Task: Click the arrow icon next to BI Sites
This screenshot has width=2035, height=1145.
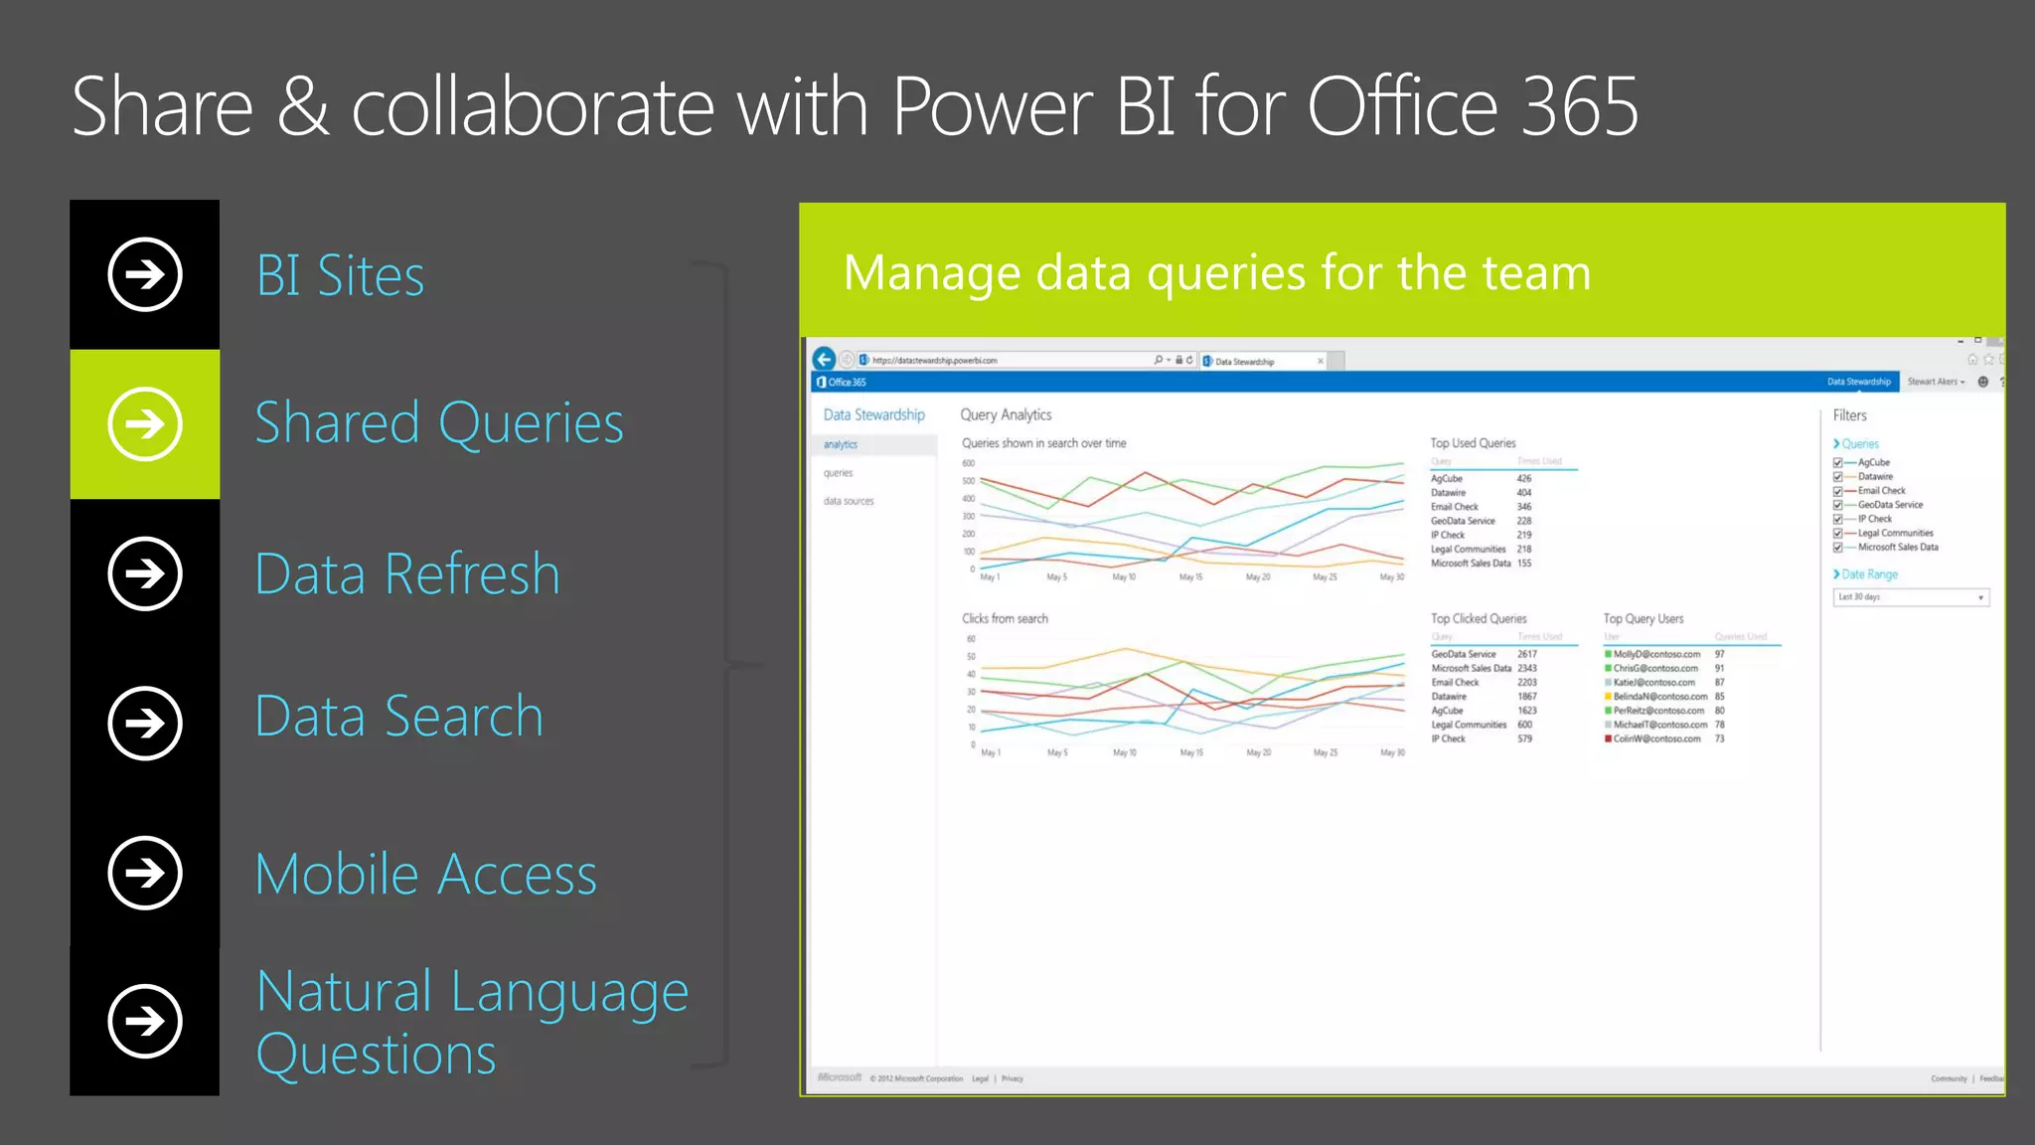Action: tap(145, 274)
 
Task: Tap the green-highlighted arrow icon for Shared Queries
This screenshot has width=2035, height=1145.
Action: tap(145, 424)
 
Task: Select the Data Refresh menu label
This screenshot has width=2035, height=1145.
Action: tap(407, 574)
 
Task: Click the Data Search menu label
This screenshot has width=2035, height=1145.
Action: tap(399, 717)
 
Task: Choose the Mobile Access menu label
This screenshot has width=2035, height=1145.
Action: tap(426, 875)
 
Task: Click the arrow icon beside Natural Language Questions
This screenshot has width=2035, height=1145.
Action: tap(145, 1021)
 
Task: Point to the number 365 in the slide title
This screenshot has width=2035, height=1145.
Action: tap(1580, 107)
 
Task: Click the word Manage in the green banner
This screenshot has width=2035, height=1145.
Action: tap(931, 272)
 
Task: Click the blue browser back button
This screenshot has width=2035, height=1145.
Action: tap(824, 359)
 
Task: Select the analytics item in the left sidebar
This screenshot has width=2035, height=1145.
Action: tap(841, 444)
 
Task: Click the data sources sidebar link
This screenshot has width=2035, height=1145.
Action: tap(849, 501)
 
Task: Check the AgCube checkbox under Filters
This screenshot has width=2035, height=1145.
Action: tap(1838, 462)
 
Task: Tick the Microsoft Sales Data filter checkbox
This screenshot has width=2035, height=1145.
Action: tap(1838, 547)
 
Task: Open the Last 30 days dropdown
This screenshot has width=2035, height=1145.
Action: tap(1910, 597)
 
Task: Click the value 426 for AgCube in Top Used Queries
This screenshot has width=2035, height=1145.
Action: tap(1524, 478)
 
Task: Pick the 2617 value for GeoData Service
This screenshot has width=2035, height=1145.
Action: tap(1527, 654)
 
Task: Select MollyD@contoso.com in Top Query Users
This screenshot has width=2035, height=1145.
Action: tap(1656, 654)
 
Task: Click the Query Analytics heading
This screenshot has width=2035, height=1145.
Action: tap(1006, 414)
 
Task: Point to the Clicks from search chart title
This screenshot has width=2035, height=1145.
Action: tap(1005, 618)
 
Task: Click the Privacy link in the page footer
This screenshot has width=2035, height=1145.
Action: tap(1013, 1078)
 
